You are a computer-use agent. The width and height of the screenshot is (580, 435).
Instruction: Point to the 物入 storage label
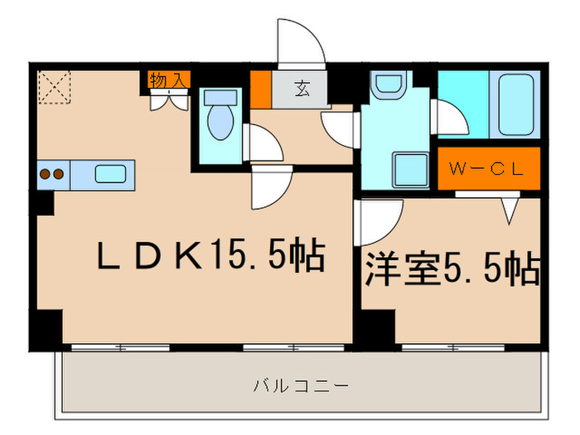169,80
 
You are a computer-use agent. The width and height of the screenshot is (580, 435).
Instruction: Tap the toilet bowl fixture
220,119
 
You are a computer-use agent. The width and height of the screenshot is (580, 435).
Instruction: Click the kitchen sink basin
109,174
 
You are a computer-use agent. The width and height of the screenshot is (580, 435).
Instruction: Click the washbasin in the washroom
386,85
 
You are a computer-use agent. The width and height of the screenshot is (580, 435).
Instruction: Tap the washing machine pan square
409,170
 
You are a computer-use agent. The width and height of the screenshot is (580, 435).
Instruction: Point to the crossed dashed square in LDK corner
53,88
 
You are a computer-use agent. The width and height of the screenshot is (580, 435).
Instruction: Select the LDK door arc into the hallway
269,186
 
